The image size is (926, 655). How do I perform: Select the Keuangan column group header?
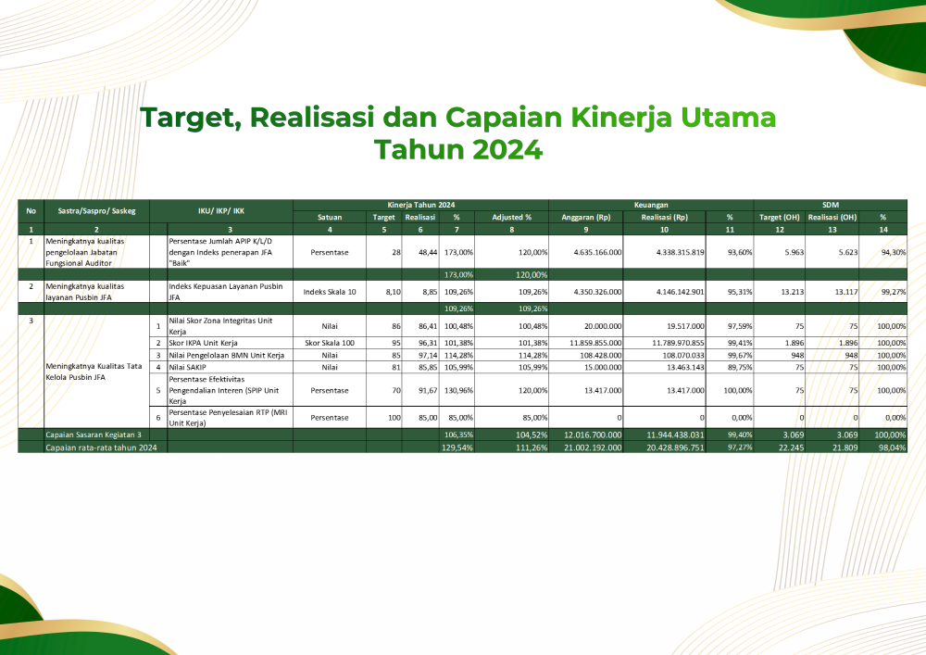[651, 205]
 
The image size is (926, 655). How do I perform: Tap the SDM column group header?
[831, 205]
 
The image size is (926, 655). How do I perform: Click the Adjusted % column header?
[511, 218]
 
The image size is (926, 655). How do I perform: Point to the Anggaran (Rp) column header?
[586, 218]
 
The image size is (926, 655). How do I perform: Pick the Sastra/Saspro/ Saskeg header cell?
[96, 211]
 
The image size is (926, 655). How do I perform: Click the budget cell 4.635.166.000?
[597, 252]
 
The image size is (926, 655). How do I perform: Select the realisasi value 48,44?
[428, 252]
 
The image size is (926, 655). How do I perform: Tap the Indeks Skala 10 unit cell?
[330, 292]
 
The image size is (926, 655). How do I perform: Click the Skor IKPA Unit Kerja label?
[203, 343]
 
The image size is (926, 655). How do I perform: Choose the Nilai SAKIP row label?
[187, 368]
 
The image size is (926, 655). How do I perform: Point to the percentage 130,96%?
[459, 390]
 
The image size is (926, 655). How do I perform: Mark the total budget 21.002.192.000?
[593, 447]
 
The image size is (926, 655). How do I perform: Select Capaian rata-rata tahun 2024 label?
[102, 447]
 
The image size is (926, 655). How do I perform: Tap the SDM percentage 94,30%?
[894, 252]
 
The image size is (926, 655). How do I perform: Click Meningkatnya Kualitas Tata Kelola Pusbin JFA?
[94, 372]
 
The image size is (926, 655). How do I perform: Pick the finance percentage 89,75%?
[740, 368]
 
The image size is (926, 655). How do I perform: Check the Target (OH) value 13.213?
[792, 292]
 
